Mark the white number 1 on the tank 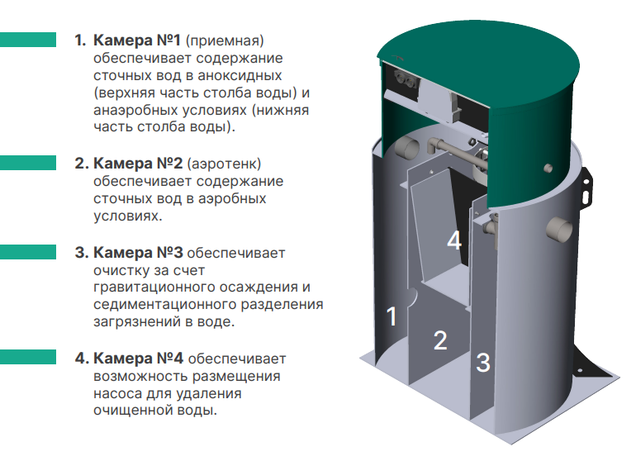point(392,316)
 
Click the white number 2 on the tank point(440,340)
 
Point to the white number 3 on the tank point(484,361)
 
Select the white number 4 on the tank point(453,240)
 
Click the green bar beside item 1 point(28,40)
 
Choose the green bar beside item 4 point(28,359)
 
